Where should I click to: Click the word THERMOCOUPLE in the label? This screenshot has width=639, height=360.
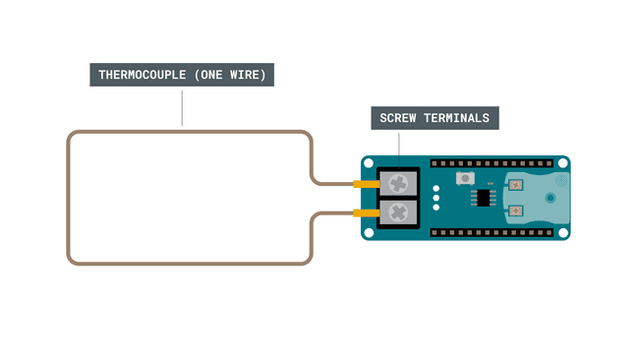pos(141,75)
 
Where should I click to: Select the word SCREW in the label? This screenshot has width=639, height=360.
pos(399,118)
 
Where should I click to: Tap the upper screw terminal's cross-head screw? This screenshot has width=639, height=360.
pos(399,183)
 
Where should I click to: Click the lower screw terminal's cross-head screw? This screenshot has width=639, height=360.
pos(399,211)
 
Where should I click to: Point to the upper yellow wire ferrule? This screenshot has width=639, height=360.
pos(366,184)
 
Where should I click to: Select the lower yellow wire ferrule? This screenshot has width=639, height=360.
pos(366,212)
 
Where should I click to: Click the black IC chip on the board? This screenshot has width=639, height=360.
pos(484,198)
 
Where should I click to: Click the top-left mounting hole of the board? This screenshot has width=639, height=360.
pos(370,162)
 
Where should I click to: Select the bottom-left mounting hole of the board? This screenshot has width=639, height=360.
pos(370,232)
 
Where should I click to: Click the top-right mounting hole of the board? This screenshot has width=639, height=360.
pos(562,162)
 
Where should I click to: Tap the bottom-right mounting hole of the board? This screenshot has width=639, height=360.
pos(562,232)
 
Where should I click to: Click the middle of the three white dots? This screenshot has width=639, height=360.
pos(435,197)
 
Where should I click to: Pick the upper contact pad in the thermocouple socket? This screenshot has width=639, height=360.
pos(517,183)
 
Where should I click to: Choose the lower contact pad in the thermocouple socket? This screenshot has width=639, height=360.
pos(517,210)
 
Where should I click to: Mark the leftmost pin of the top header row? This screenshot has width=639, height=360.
pos(434,160)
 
